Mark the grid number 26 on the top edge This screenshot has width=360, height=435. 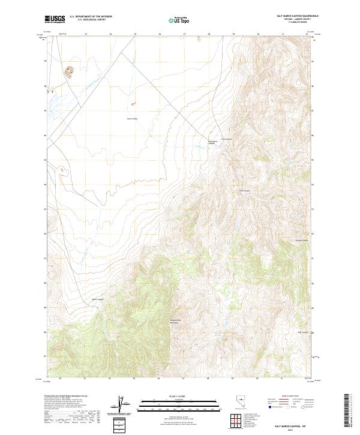160,35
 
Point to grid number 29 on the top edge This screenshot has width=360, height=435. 233,35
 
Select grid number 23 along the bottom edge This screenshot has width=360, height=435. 85,379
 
